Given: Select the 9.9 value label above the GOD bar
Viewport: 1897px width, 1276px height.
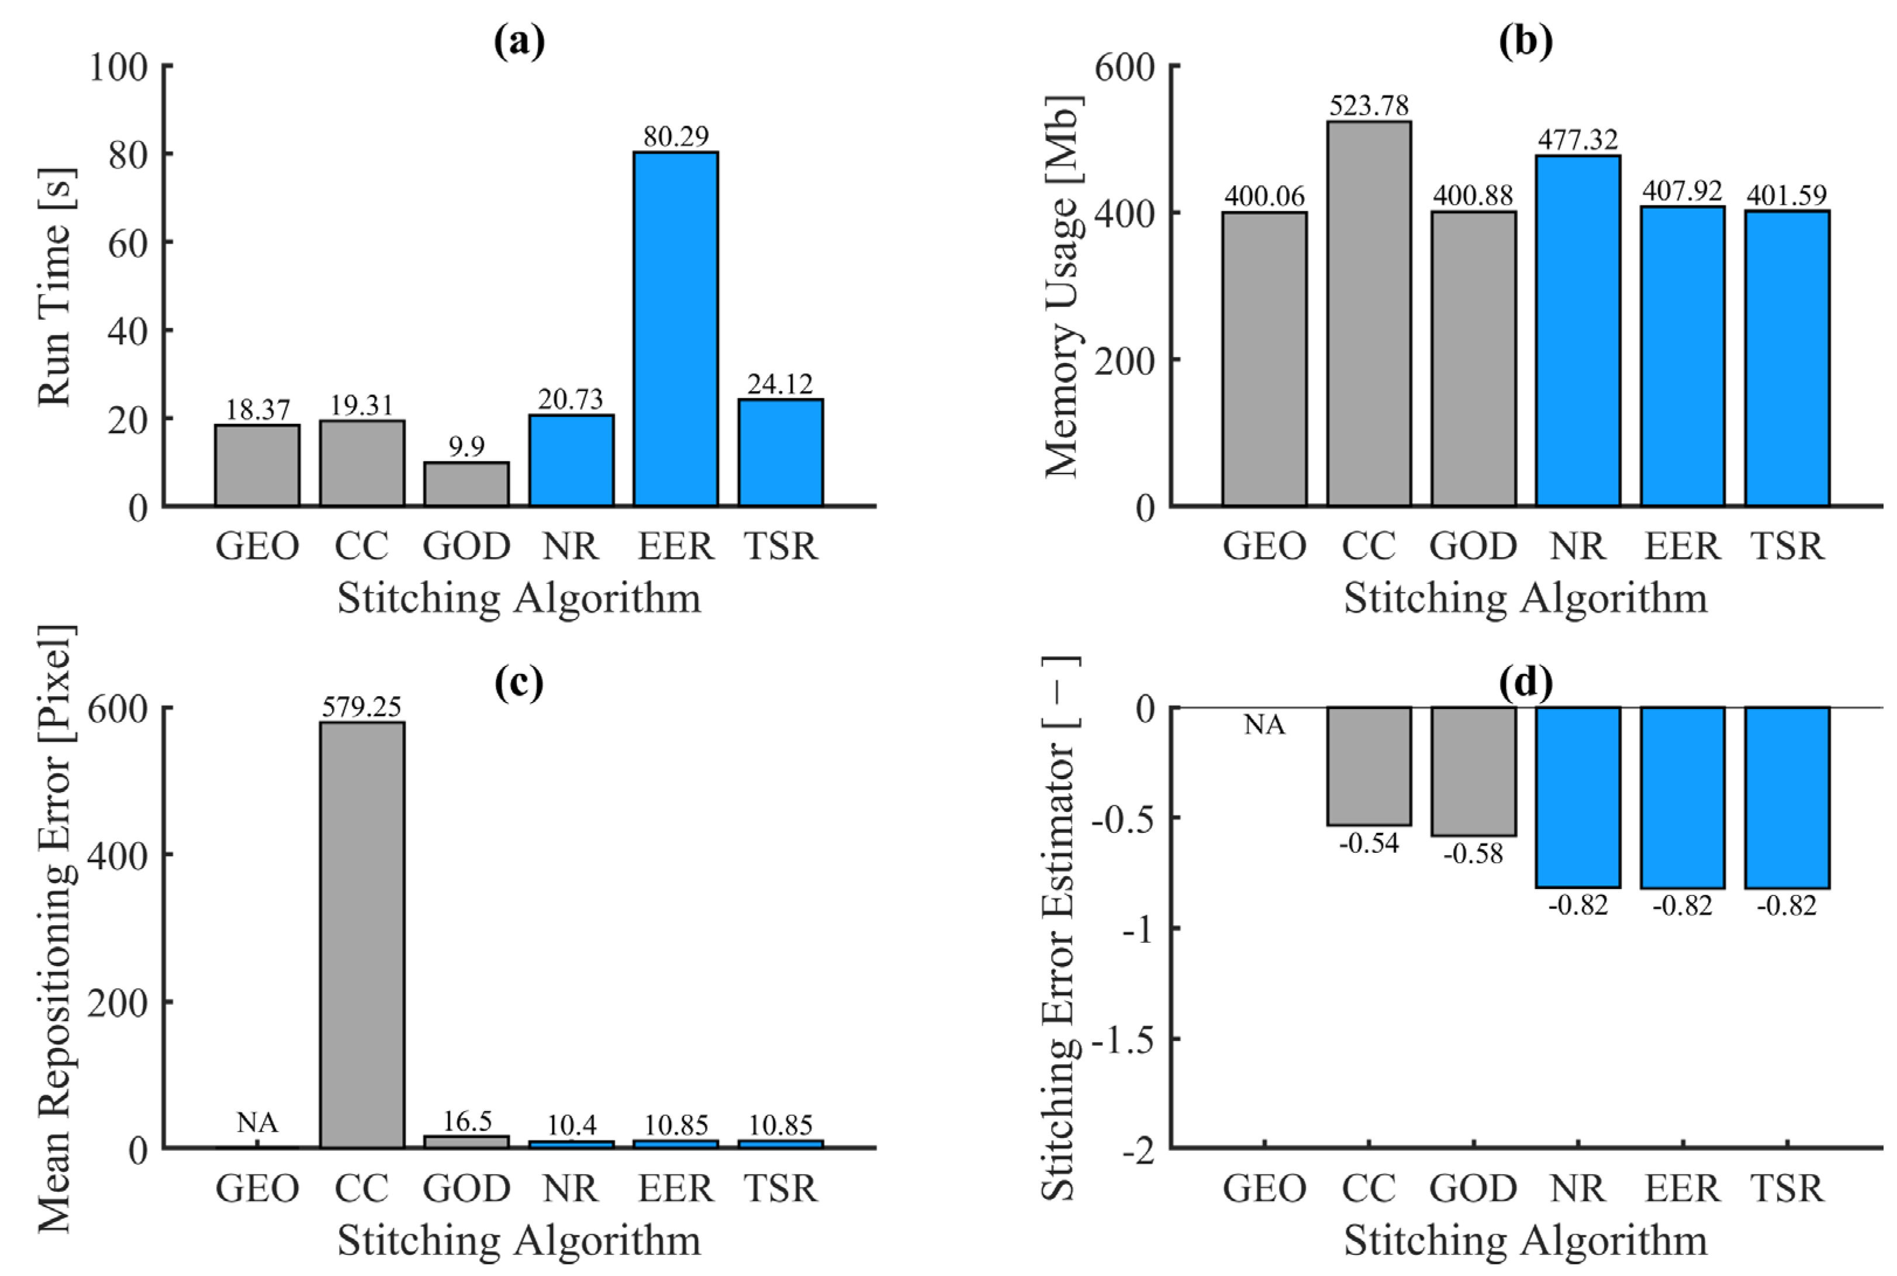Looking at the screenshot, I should pyautogui.click(x=467, y=446).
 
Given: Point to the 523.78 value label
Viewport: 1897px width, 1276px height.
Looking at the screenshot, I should pyautogui.click(x=1369, y=105).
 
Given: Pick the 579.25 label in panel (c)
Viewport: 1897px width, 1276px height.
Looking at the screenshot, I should pyautogui.click(x=362, y=706).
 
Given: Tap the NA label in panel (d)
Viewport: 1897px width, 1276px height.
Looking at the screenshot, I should pyautogui.click(x=1264, y=724).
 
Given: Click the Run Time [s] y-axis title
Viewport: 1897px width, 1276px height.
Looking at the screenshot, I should pyautogui.click(x=56, y=286).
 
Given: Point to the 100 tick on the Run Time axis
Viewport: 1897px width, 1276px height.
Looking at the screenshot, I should pyautogui.click(x=119, y=67).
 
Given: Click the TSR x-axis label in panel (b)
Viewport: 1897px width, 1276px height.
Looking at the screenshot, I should pyautogui.click(x=1788, y=545).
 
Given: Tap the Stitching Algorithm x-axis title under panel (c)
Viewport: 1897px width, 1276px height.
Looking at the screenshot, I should pyautogui.click(x=519, y=1240).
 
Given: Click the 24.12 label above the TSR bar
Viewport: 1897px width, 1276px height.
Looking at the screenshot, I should pyautogui.click(x=780, y=383).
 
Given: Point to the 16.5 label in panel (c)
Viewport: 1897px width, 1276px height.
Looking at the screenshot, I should pyautogui.click(x=467, y=1121).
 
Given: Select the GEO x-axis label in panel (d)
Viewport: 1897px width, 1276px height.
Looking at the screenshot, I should pyautogui.click(x=1264, y=1188).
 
